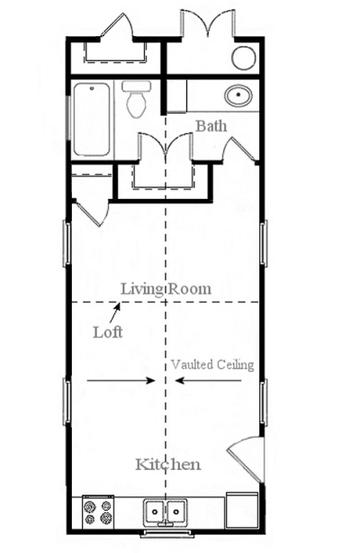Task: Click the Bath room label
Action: click(211, 126)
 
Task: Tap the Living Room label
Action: click(166, 289)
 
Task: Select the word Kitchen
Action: click(168, 464)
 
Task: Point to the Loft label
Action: click(108, 332)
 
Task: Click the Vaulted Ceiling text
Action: click(212, 365)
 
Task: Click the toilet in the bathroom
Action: click(137, 99)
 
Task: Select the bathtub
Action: click(92, 119)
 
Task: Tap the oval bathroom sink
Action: click(238, 95)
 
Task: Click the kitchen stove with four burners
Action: click(98, 512)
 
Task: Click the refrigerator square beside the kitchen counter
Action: click(241, 511)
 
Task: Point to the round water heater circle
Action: click(244, 59)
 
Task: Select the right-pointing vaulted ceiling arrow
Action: click(121, 381)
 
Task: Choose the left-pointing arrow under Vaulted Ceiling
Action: click(209, 381)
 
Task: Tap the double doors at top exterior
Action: click(208, 23)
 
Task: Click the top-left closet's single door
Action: click(117, 25)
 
